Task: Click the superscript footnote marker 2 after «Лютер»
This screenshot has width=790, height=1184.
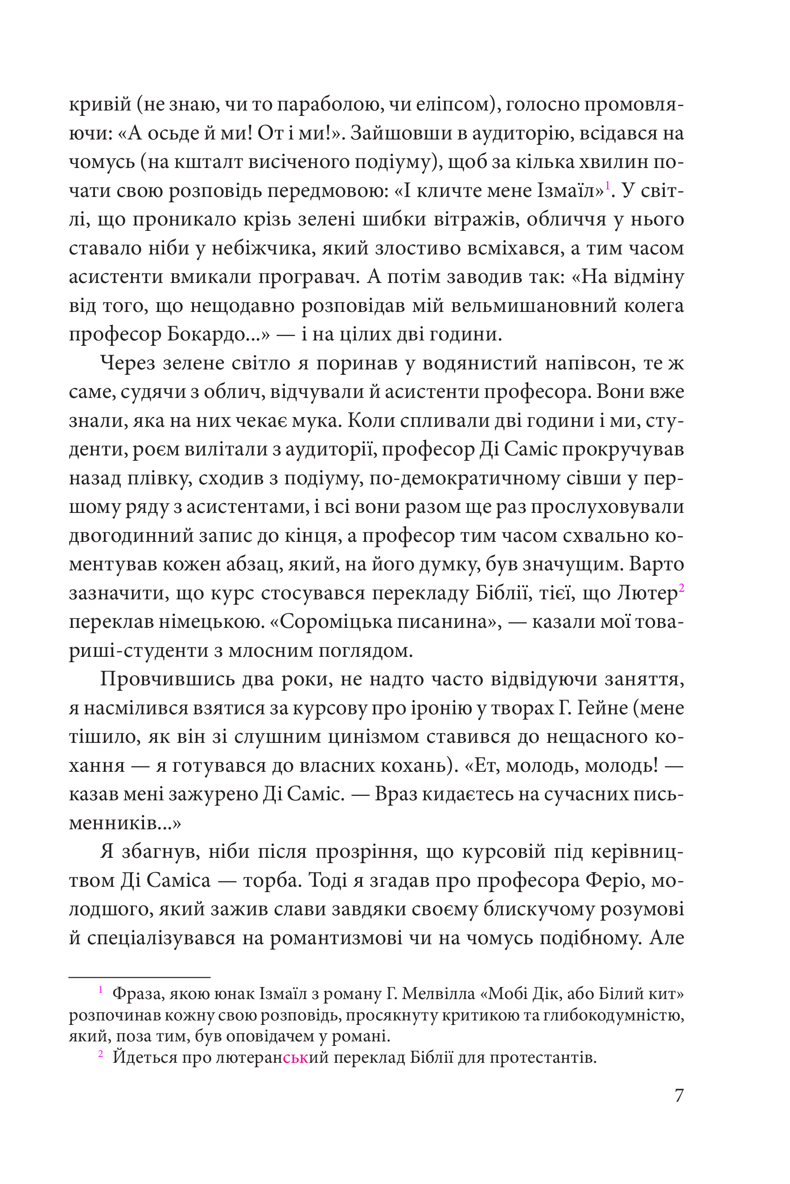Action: pos(681,587)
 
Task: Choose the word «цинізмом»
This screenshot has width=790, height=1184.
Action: pos(373,737)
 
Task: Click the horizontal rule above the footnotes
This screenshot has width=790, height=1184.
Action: pos(139,978)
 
